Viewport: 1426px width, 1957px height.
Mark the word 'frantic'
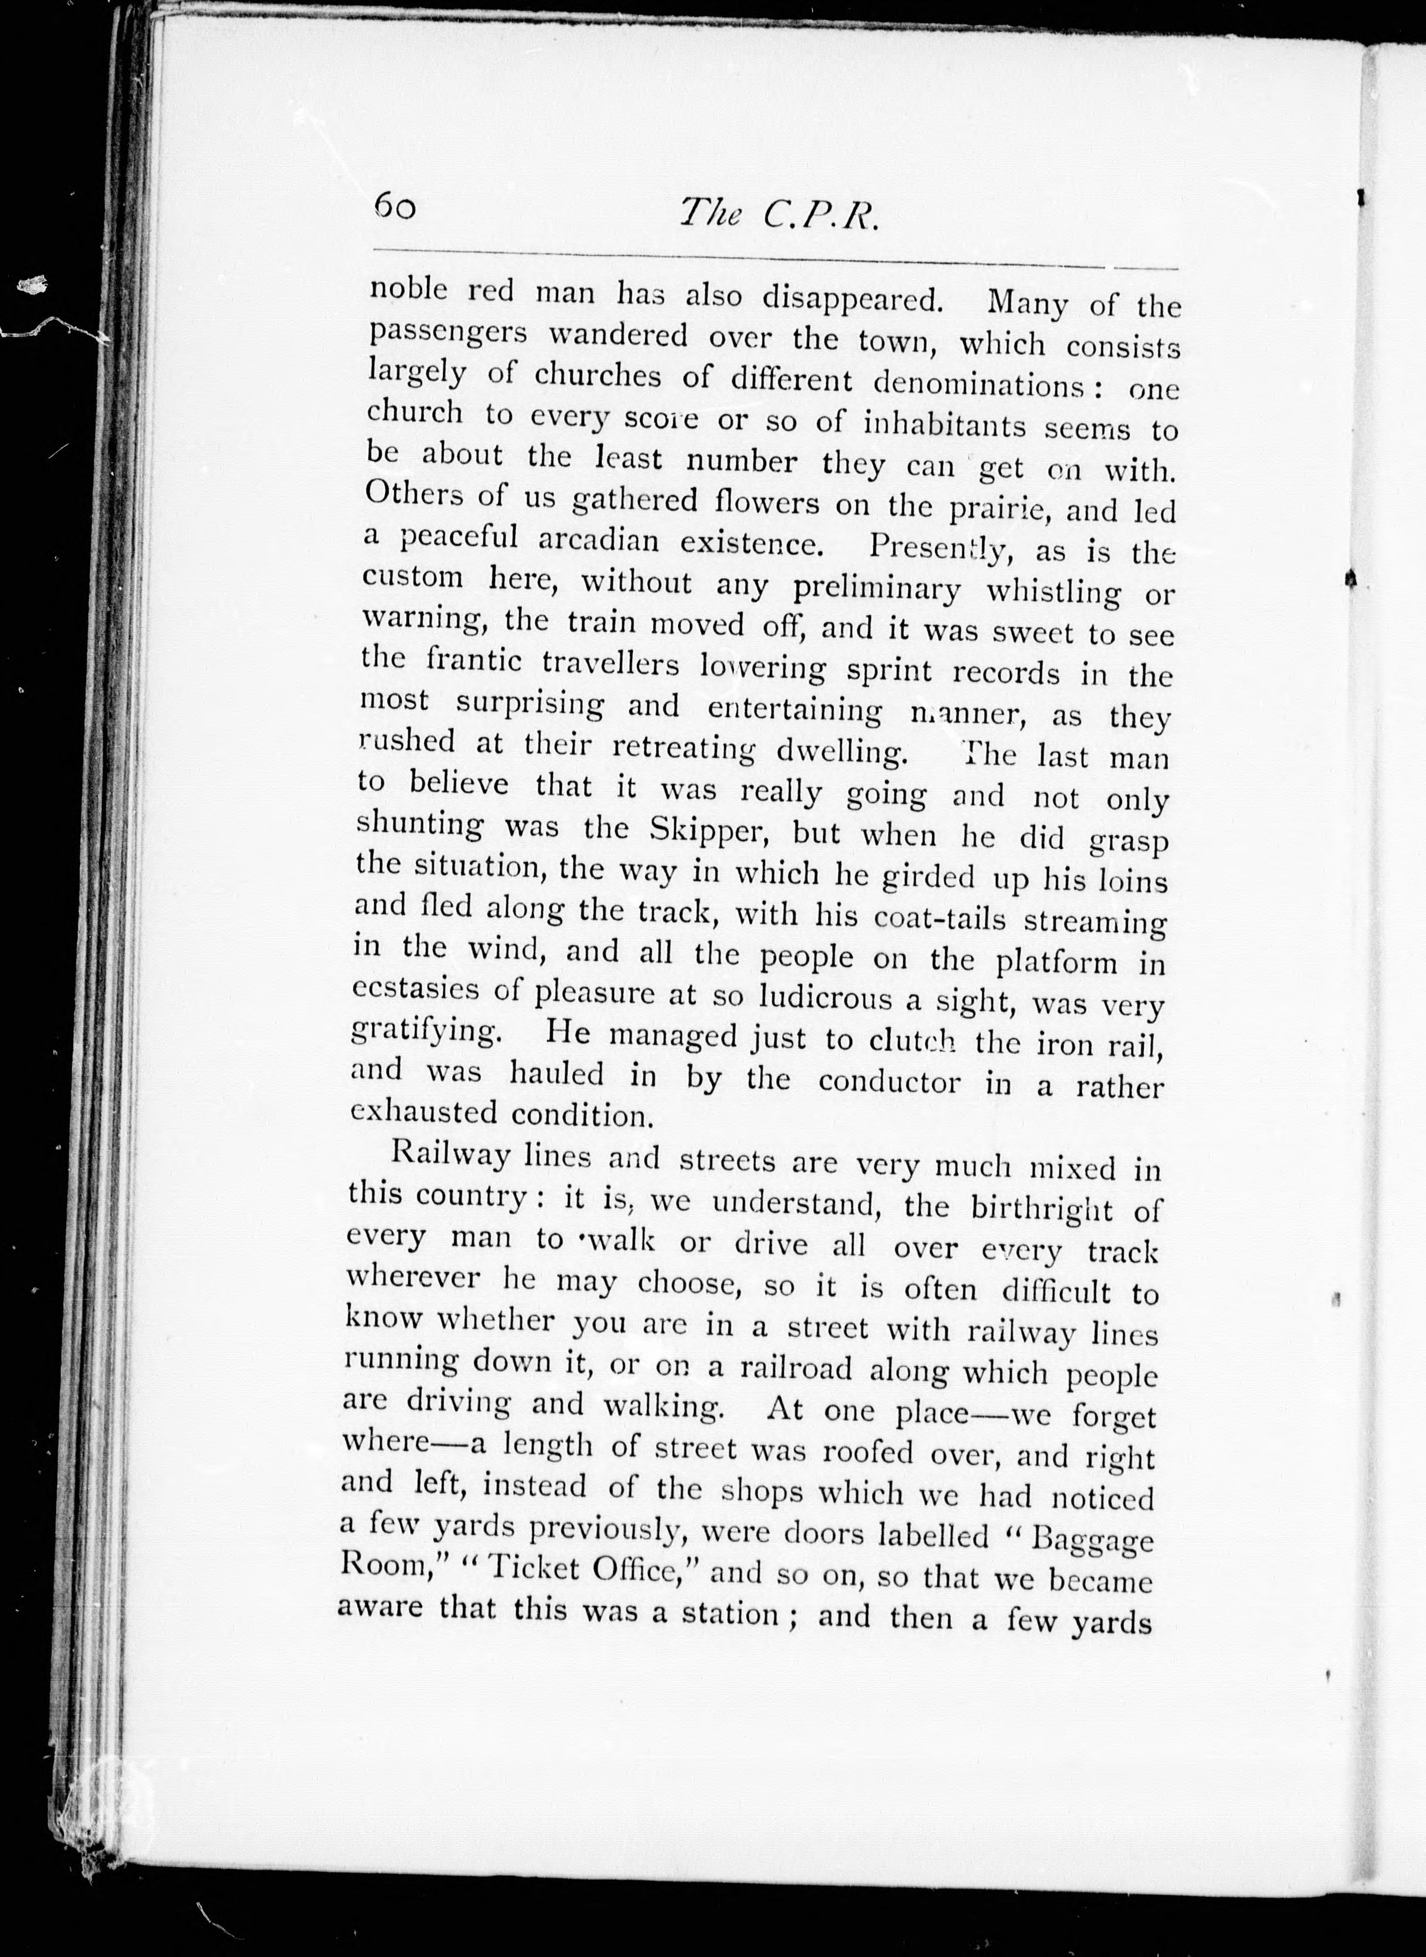tap(475, 661)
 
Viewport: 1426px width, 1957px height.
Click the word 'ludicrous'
tap(825, 997)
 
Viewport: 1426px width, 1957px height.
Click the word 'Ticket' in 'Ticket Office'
tap(531, 1569)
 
